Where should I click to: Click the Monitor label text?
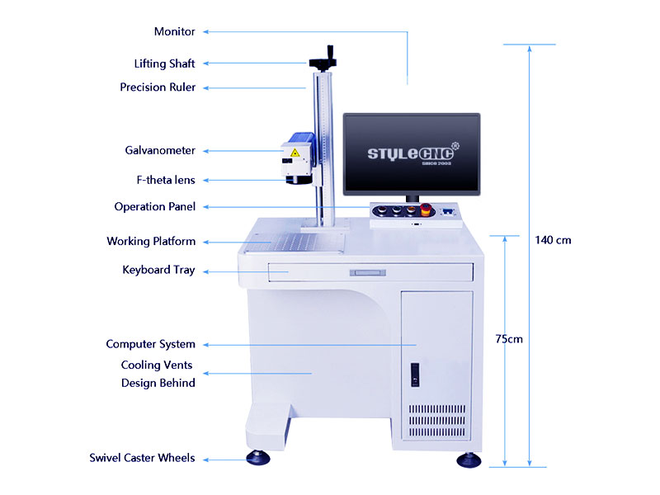point(174,31)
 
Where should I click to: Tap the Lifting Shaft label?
point(164,64)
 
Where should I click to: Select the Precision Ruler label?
point(158,87)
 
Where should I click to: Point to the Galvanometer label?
point(160,150)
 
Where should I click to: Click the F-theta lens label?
point(166,180)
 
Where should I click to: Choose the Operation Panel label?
point(155,207)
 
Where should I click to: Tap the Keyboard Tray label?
point(158,270)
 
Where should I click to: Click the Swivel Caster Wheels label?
point(142,458)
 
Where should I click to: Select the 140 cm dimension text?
point(553,240)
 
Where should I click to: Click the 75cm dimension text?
point(509,339)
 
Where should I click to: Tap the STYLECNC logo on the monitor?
point(413,154)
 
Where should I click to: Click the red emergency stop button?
point(426,210)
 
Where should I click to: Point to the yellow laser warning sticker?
point(295,153)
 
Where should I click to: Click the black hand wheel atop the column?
point(323,59)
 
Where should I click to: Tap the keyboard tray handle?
point(367,273)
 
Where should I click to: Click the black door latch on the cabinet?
point(415,375)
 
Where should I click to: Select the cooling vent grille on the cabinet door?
point(437,421)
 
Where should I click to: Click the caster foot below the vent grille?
point(469,460)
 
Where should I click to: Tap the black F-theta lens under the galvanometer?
point(299,179)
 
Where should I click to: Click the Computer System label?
point(151,344)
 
